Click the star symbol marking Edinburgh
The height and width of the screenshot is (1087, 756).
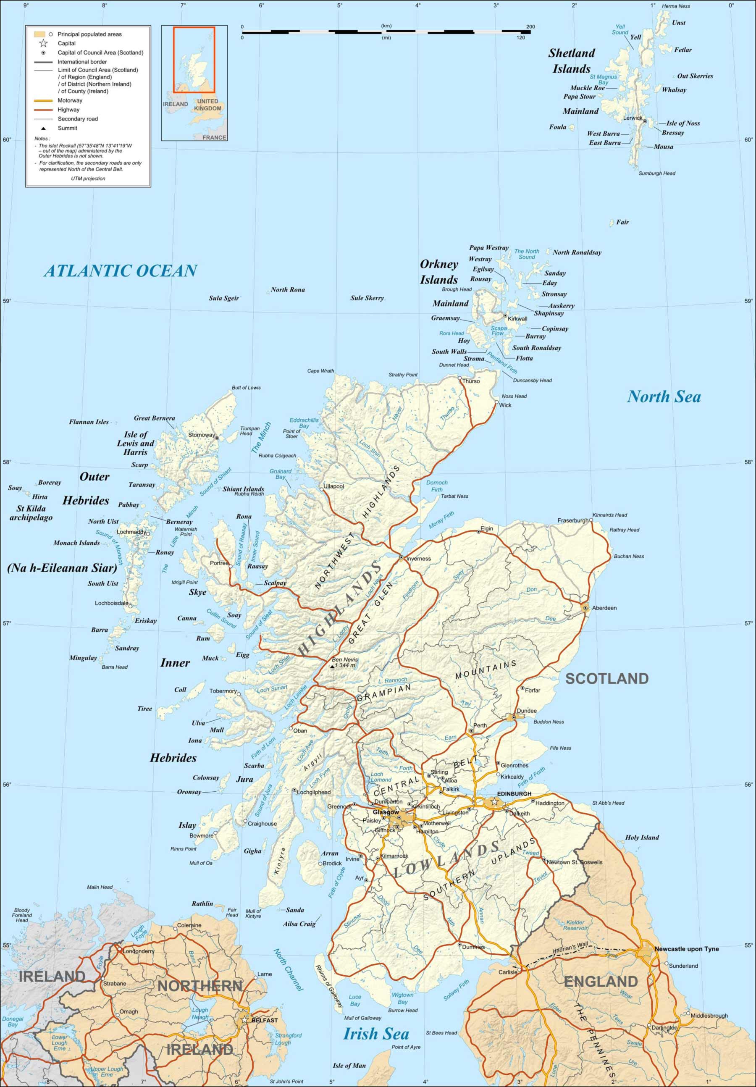(494, 801)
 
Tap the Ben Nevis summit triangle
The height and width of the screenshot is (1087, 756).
(332, 666)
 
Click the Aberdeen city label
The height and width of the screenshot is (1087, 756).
(604, 608)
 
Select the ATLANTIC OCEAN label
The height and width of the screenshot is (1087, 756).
(121, 271)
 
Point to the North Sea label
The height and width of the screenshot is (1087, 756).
(664, 397)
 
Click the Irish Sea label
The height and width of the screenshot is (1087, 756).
(376, 1034)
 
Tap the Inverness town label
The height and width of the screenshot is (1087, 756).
(418, 559)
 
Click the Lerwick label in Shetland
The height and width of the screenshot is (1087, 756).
(633, 118)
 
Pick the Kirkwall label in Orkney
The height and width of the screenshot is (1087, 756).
(517, 319)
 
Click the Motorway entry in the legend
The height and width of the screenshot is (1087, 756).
(70, 100)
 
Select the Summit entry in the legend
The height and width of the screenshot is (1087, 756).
(67, 128)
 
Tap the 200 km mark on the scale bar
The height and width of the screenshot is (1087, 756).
(530, 26)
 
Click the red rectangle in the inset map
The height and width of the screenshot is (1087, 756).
(194, 60)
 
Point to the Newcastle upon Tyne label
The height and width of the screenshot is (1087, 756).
(686, 949)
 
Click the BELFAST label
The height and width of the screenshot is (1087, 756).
(264, 1020)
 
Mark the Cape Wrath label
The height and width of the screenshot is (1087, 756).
(320, 371)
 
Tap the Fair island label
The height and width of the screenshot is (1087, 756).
(622, 222)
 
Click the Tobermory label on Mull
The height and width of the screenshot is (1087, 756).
(223, 691)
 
